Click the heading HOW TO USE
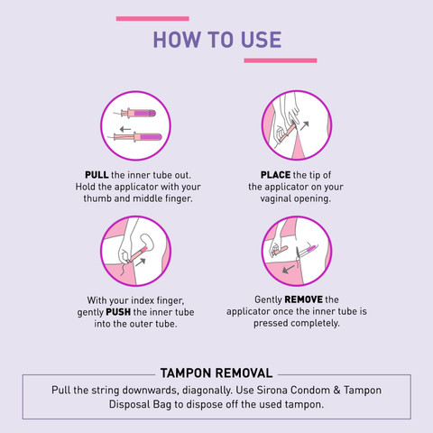point(217,40)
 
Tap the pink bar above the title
point(152,19)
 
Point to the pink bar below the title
point(281,60)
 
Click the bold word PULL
point(97,175)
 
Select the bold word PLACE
point(275,175)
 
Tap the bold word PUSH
point(118,312)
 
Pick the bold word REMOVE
point(303,299)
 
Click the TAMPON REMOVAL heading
point(216,373)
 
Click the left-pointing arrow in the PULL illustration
point(125,130)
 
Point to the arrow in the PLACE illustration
point(305,125)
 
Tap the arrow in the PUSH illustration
point(141,262)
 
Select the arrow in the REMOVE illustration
point(289,269)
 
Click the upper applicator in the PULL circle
point(135,114)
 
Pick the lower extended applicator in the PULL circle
point(135,137)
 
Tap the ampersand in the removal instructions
point(336,390)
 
